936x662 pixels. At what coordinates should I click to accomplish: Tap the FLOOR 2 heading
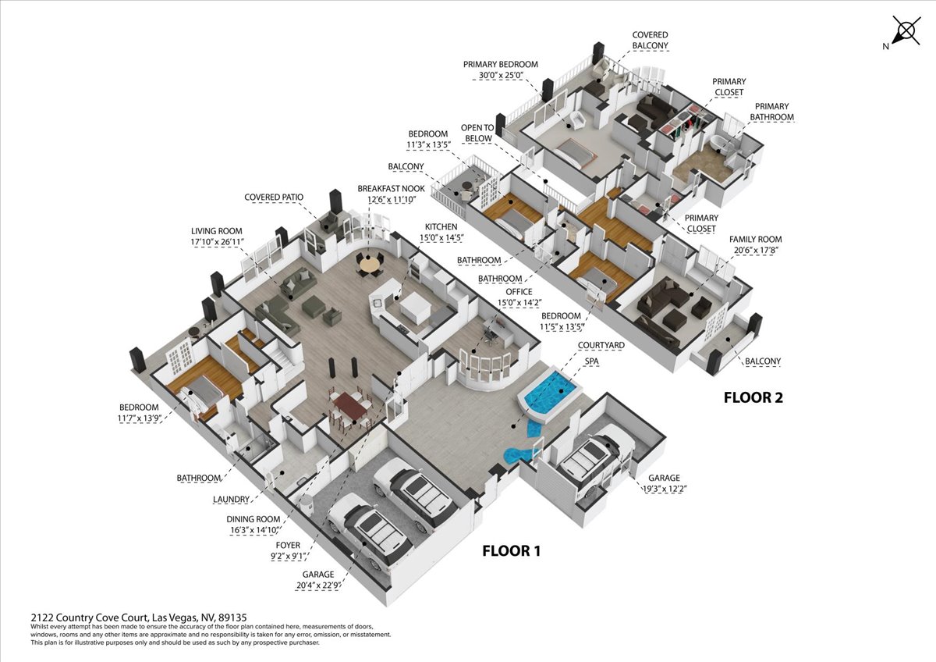(753, 397)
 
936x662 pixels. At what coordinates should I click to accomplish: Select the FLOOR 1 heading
(512, 551)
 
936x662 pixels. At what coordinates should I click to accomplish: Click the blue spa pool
(549, 392)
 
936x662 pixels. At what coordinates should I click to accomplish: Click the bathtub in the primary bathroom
(719, 144)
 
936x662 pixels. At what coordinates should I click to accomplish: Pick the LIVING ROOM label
(217, 231)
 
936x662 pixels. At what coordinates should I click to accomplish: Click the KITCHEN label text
(441, 226)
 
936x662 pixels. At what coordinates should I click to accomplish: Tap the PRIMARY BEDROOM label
(500, 64)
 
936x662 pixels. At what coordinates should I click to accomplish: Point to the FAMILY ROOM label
(756, 239)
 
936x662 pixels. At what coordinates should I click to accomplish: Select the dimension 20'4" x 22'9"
(318, 585)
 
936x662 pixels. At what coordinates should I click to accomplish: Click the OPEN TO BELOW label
(478, 133)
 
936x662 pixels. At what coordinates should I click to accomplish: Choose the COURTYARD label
(601, 345)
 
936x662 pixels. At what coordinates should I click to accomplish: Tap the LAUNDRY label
(231, 500)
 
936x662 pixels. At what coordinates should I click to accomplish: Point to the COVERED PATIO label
(274, 197)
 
